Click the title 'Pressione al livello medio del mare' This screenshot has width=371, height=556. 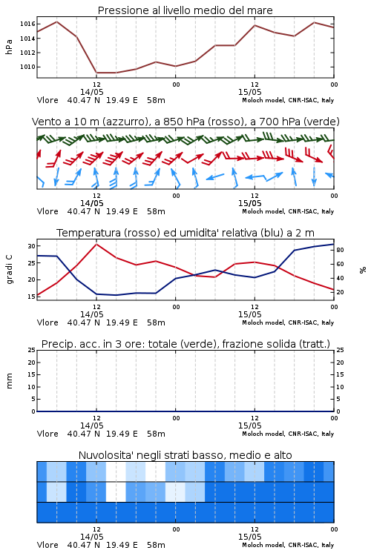point(185,10)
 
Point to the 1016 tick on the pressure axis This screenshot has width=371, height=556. point(27,24)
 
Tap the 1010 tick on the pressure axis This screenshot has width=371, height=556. point(27,67)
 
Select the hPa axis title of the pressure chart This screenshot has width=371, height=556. point(9,47)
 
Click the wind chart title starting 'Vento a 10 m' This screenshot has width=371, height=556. point(185,122)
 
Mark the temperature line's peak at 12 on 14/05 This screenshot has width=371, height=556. point(96,244)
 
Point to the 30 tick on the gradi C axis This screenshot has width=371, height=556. point(32,246)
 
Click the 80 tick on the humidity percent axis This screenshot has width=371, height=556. point(340,250)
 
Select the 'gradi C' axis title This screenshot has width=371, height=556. point(9,270)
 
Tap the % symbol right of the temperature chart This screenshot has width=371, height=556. point(363,270)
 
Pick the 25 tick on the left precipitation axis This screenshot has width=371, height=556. point(32,350)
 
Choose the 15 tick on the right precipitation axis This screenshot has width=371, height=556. point(340,374)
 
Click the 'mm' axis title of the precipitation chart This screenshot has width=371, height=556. point(9,381)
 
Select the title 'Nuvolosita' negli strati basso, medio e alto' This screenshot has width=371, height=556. point(185,455)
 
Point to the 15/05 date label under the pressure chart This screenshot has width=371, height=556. point(249,92)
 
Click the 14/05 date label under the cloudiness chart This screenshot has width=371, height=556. point(91,537)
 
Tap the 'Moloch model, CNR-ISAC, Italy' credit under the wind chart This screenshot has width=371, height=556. point(288,211)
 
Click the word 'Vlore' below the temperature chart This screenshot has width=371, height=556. point(47,322)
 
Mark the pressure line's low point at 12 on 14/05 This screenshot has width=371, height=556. point(96,73)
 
